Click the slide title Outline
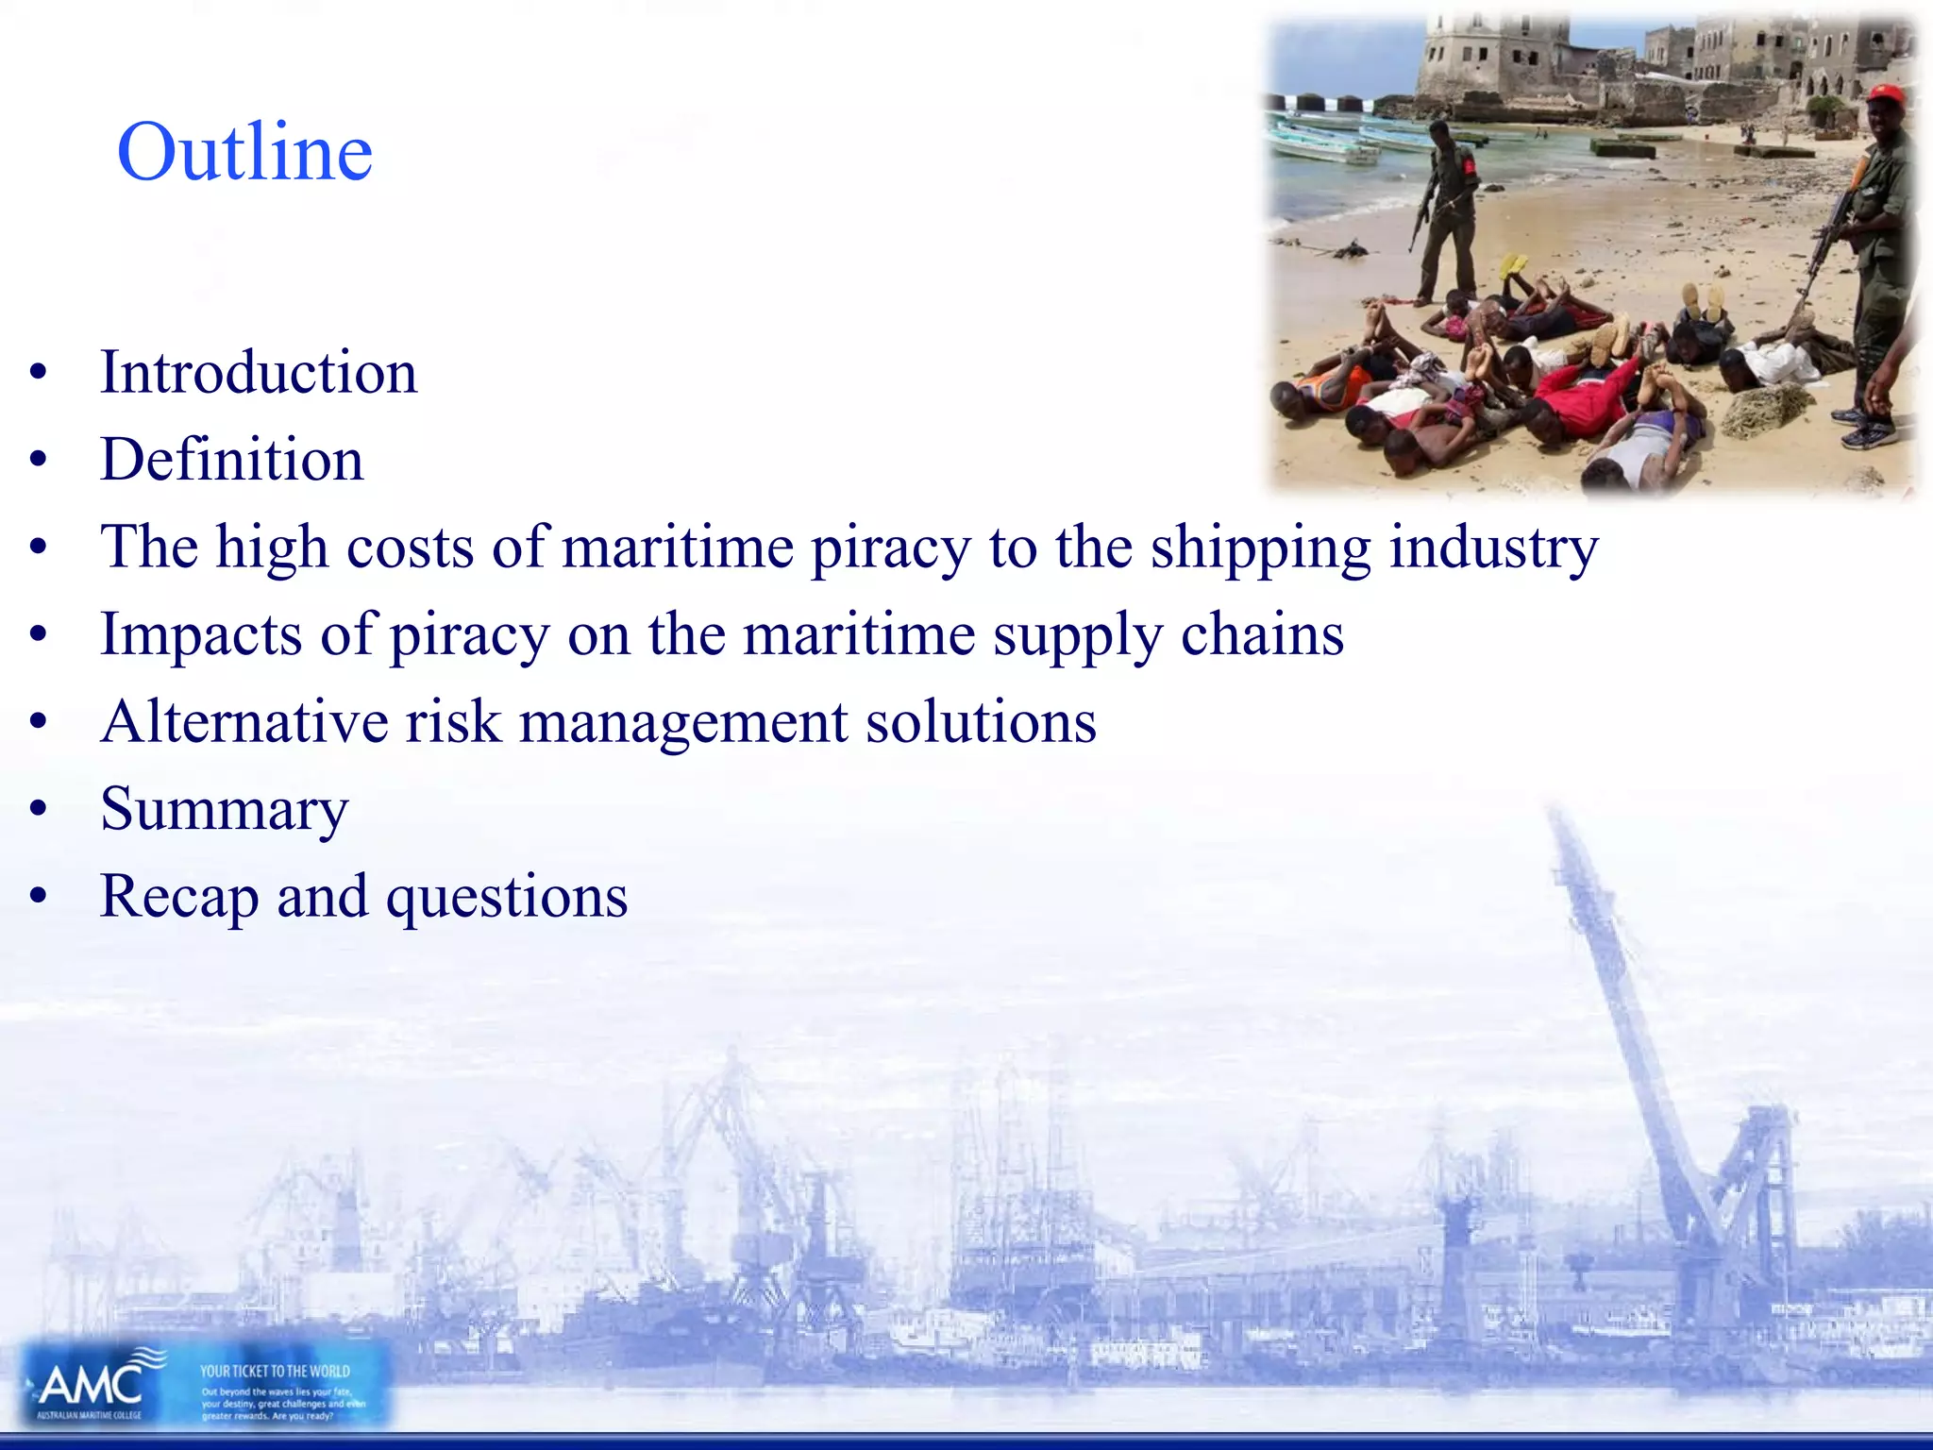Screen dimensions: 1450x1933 click(244, 152)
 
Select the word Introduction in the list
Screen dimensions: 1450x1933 click(259, 372)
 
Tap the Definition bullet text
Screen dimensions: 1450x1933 click(232, 460)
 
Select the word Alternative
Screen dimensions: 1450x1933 click(244, 722)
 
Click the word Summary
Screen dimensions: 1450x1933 click(225, 810)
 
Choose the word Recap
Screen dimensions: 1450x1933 click(179, 897)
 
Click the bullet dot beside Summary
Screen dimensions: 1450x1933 click(38, 809)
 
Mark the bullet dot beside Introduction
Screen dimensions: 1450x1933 click(38, 372)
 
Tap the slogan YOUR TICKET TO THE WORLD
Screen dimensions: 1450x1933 click(275, 1371)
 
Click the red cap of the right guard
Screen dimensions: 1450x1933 click(1885, 93)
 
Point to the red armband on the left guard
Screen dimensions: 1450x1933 click(1469, 167)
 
